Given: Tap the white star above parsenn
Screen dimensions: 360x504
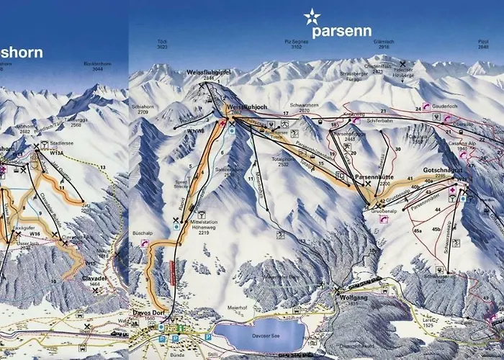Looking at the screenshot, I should click(x=311, y=15).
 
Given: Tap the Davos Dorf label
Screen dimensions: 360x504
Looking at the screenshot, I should click(x=149, y=313).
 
